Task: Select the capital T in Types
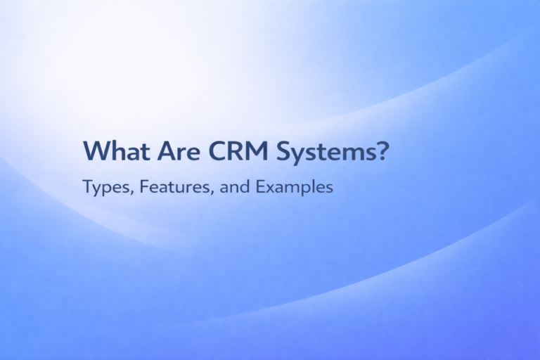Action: click(x=86, y=188)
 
